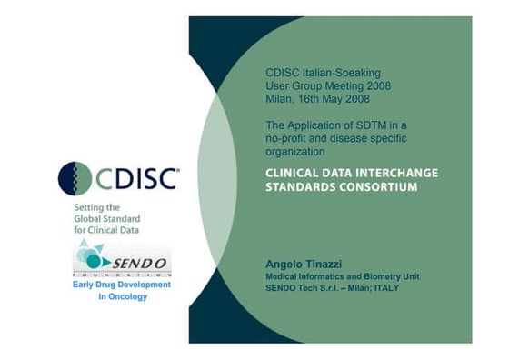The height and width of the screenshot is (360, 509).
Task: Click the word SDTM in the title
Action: point(356,124)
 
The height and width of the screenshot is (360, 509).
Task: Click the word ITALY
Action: point(383,288)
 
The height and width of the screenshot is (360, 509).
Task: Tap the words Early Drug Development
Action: point(121,285)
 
